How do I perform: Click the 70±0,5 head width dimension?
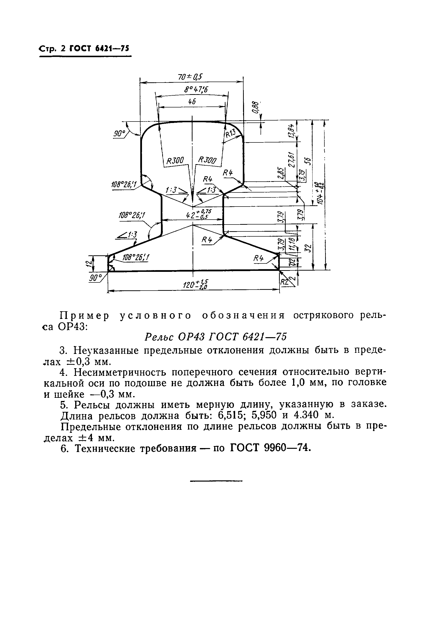190,77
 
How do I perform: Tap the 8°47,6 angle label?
196,89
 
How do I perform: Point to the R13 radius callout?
230,133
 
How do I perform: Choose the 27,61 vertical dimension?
292,159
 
